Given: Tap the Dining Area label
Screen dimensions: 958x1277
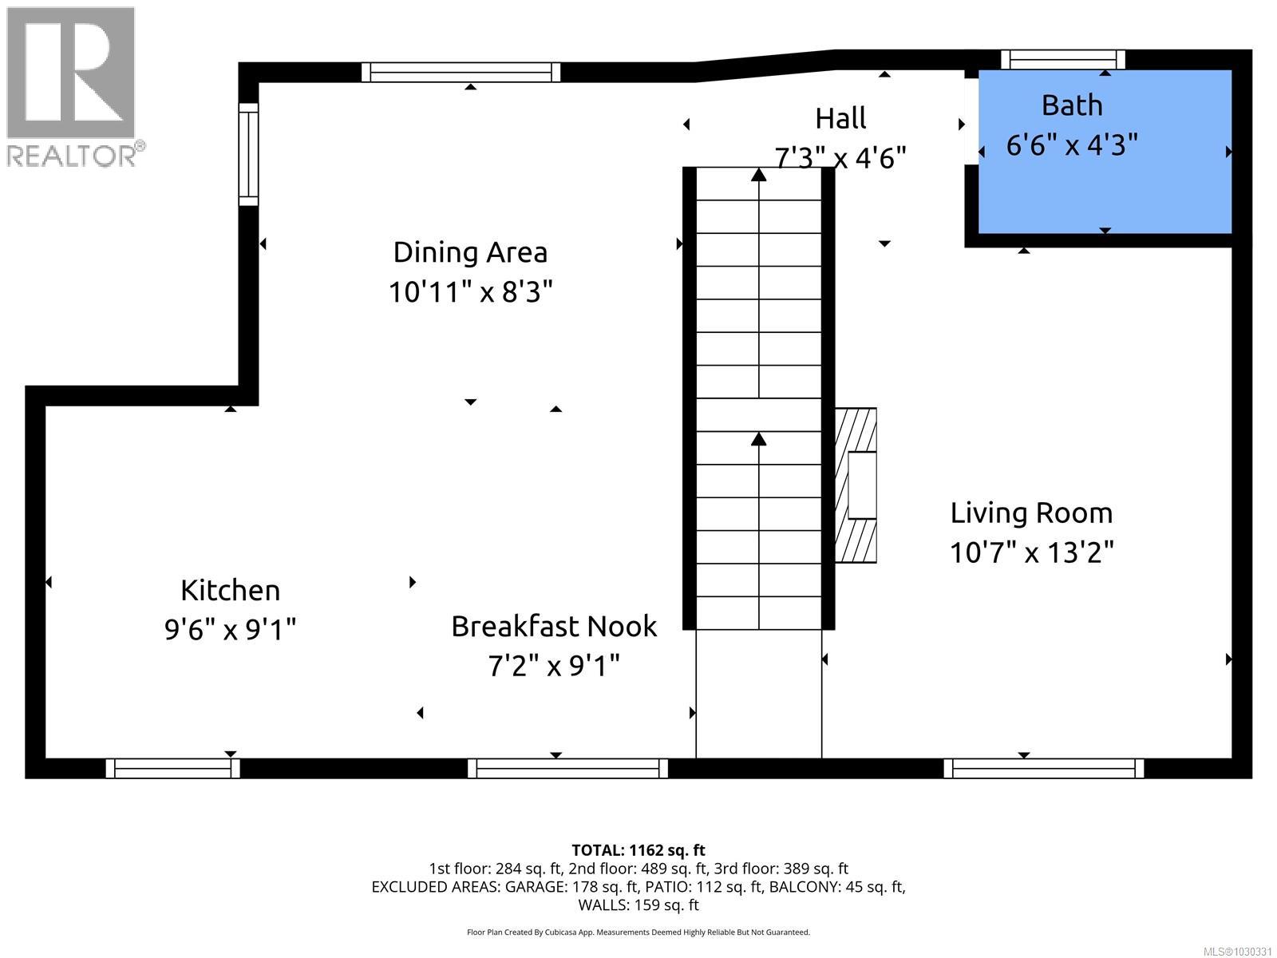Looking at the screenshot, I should [x=470, y=252].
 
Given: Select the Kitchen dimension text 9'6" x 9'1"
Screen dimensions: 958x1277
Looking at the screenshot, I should [x=230, y=630].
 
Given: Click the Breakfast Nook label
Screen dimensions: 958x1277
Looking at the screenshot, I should [x=553, y=626].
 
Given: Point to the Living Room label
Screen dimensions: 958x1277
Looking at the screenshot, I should [x=1031, y=513].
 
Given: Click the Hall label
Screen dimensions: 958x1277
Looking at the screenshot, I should [x=840, y=119].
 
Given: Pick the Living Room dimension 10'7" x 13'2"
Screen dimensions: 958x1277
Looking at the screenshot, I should [x=1031, y=552].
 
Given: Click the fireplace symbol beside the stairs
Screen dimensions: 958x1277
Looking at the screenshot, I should [x=856, y=485].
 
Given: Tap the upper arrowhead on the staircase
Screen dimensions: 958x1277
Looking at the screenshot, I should [x=758, y=173].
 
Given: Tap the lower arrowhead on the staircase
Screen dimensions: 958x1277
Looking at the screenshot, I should [x=758, y=438].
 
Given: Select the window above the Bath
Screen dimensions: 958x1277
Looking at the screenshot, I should [x=1062, y=59].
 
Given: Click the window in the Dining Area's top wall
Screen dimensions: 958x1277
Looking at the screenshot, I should [x=461, y=72].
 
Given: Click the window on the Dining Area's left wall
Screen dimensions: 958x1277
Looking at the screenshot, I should [x=248, y=154].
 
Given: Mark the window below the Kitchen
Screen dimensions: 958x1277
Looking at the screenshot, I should [x=172, y=768].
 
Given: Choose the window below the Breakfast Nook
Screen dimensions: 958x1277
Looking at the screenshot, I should [x=567, y=768].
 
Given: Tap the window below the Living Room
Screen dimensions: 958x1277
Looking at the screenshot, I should [x=1043, y=768].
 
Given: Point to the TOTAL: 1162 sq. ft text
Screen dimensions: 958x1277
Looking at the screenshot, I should [x=638, y=850].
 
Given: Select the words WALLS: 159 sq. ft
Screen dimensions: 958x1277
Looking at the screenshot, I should [x=638, y=905].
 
